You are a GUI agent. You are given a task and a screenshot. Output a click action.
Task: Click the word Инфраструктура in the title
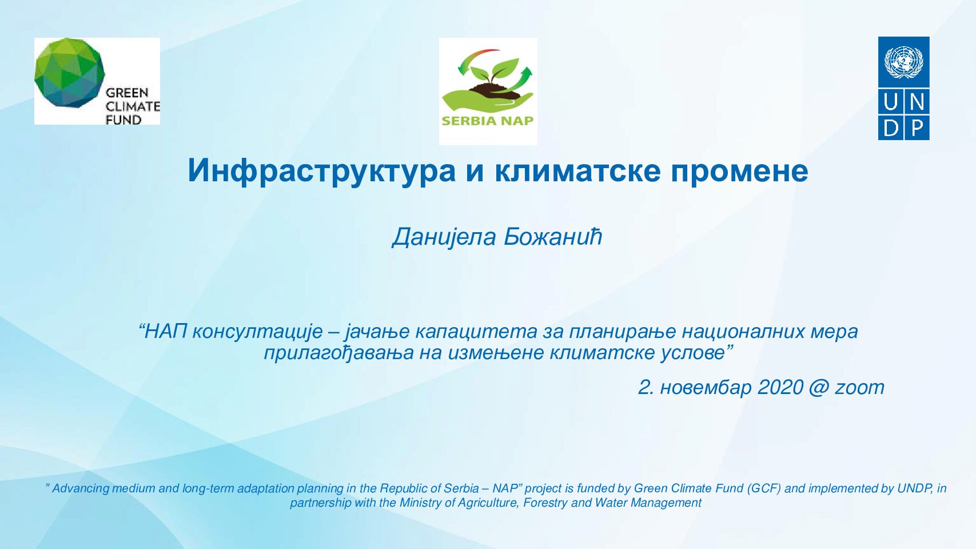(x=321, y=171)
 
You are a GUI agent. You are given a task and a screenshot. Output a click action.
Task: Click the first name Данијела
(x=444, y=237)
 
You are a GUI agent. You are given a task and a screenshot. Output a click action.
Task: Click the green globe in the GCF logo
(x=69, y=72)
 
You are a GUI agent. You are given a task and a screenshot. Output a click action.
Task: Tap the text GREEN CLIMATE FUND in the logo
(x=133, y=106)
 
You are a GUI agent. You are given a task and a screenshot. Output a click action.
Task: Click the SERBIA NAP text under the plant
(x=488, y=121)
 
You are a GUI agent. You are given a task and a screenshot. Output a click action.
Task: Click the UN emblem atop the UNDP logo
(x=903, y=62)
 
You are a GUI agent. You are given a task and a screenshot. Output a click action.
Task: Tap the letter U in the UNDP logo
(x=891, y=102)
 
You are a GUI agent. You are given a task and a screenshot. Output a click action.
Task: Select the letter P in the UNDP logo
(x=917, y=129)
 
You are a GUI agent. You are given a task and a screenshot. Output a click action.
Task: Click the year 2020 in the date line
(x=780, y=387)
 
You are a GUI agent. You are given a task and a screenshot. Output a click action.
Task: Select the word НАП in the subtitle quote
(x=166, y=332)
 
